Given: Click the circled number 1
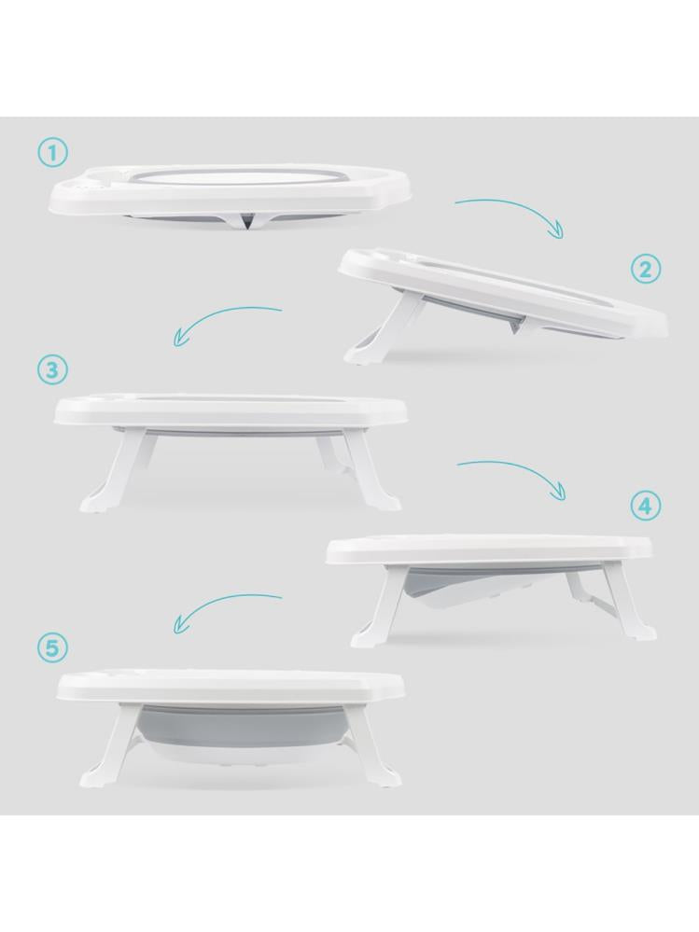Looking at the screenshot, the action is [53, 153].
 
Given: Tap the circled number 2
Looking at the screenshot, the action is [646, 271].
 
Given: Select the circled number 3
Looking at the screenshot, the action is [53, 369].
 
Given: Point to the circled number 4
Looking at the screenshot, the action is [646, 507].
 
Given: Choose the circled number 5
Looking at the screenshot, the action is [53, 647].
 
